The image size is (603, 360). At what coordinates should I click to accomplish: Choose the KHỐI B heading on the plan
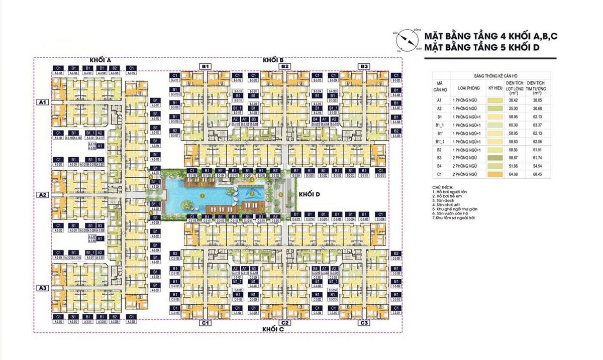pos(273,60)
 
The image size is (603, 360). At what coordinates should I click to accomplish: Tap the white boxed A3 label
pos(43,288)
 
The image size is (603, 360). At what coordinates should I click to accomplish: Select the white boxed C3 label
pos(364,323)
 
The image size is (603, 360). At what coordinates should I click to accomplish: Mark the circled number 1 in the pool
pos(203,196)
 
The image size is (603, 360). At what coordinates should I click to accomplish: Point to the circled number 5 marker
pos(280,195)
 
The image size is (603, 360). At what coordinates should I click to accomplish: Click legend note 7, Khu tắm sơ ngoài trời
pos(453,218)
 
